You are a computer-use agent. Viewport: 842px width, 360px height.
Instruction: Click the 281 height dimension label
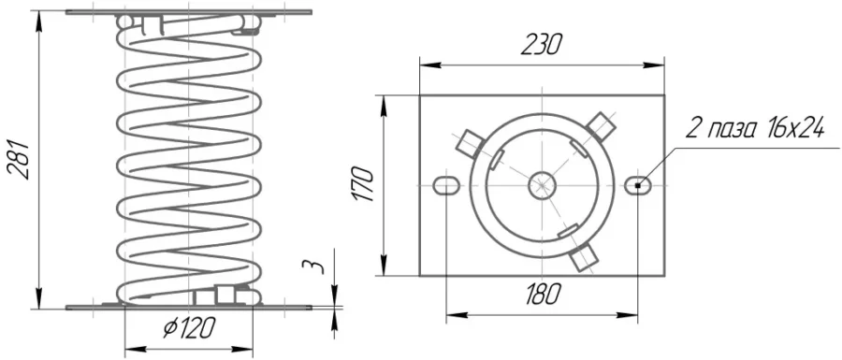(x=18, y=159)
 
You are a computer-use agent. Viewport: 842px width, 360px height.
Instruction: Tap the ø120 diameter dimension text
(x=188, y=327)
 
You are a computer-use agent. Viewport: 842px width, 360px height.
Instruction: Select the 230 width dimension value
(x=542, y=45)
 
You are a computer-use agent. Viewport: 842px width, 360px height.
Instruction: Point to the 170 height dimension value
(x=364, y=184)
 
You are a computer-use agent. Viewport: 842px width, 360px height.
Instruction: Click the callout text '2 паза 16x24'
(x=755, y=129)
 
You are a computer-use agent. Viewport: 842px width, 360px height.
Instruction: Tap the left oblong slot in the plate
(x=446, y=186)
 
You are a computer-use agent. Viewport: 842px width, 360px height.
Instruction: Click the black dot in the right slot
(x=637, y=186)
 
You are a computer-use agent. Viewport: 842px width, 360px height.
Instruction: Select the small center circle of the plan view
(x=542, y=186)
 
